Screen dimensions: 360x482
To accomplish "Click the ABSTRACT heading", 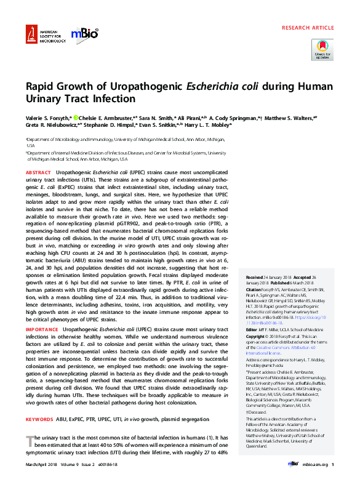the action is [38, 172].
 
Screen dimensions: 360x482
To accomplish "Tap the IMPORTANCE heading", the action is [42, 329].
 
